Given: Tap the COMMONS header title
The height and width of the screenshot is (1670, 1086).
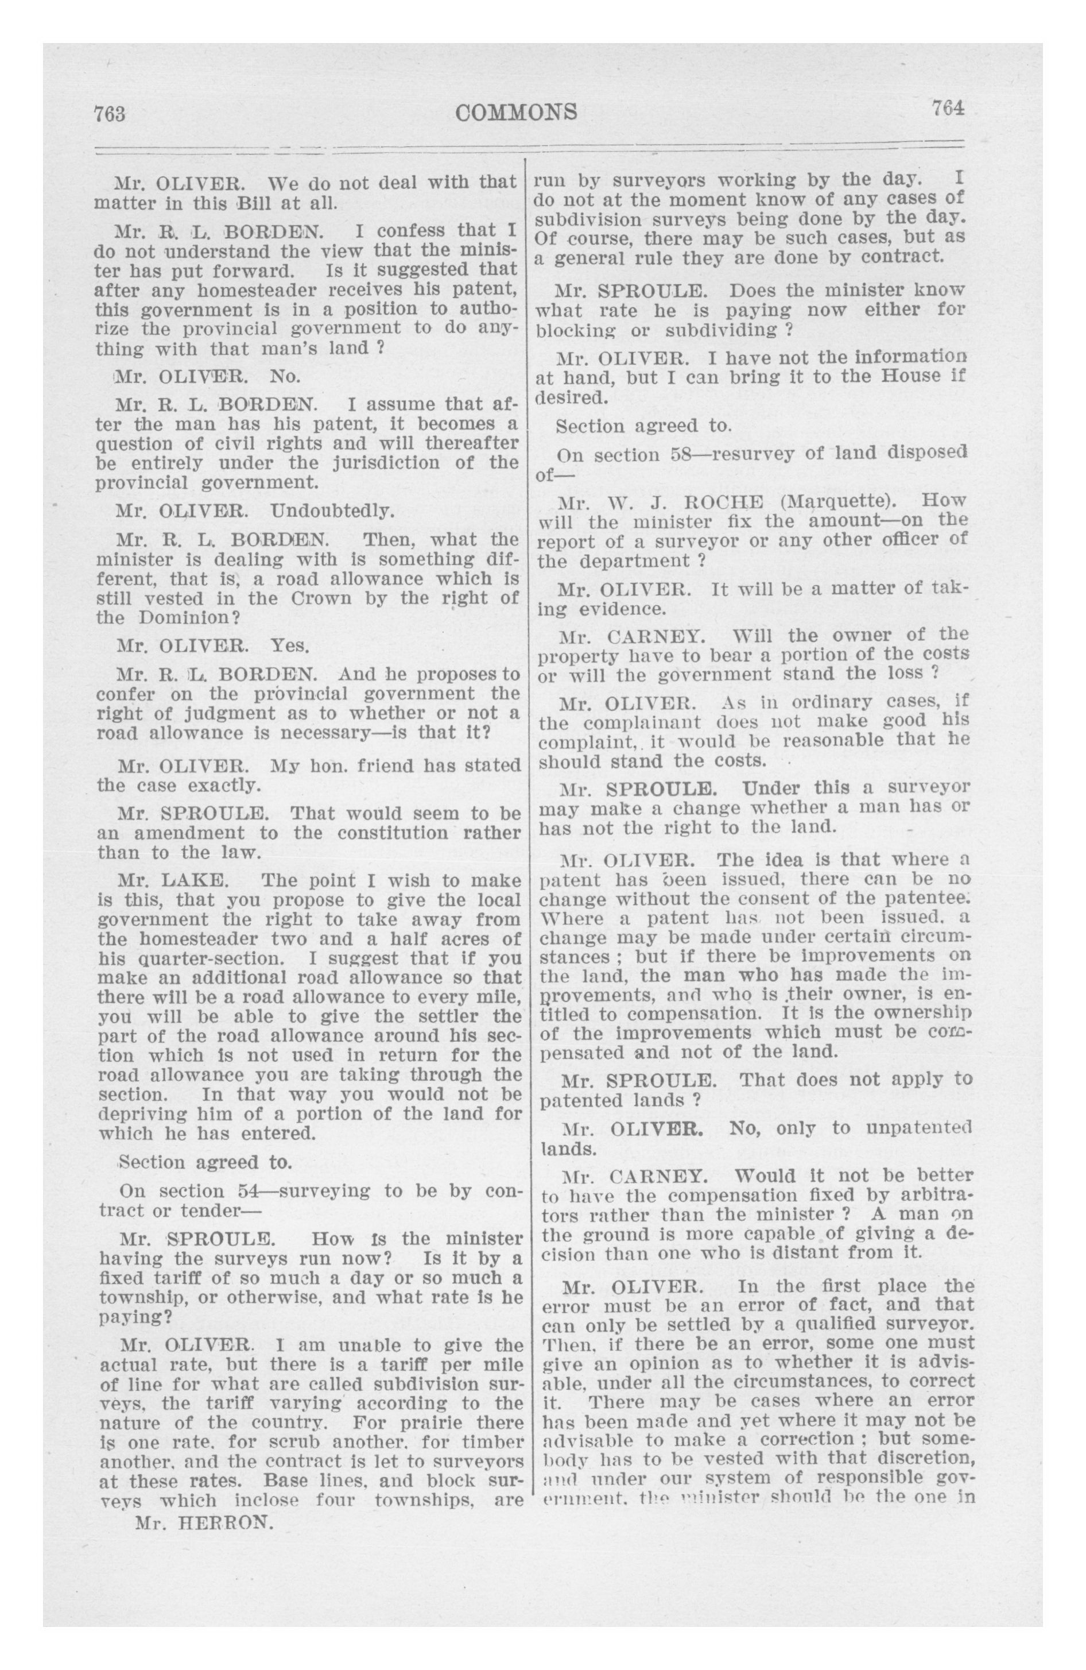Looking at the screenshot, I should coord(517,111).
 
